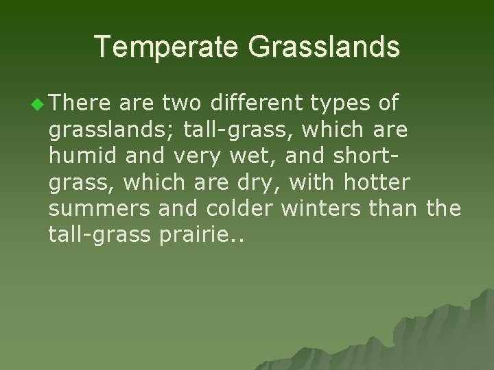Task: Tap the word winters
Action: [x=327, y=208]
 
